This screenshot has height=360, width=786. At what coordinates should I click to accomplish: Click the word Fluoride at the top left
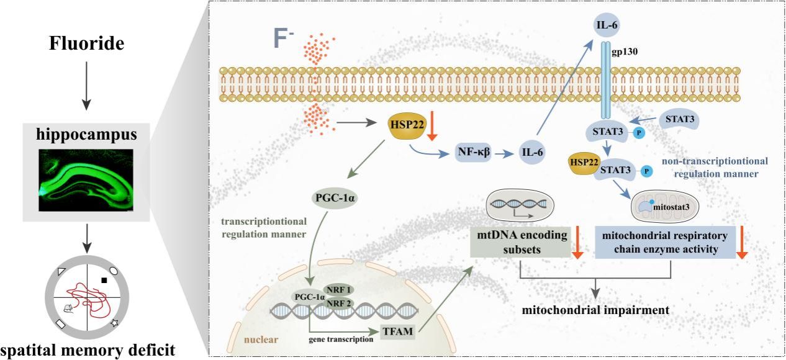(86, 44)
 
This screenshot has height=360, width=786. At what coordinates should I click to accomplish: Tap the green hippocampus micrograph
(86, 178)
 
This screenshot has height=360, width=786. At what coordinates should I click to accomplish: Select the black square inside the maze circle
(104, 280)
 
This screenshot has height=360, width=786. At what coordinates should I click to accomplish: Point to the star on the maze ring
(114, 323)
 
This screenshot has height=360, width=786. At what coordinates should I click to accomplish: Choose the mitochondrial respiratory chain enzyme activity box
(665, 242)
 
